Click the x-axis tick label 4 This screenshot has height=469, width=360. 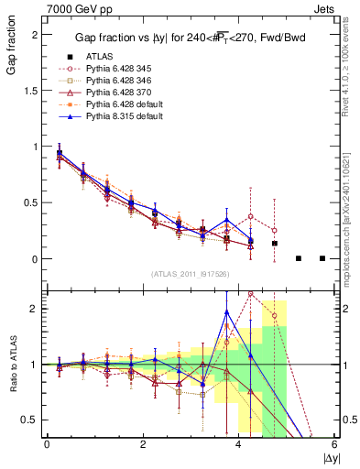(239, 444)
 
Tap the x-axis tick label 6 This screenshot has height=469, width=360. (335, 444)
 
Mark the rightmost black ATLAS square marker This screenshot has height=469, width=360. (322, 259)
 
